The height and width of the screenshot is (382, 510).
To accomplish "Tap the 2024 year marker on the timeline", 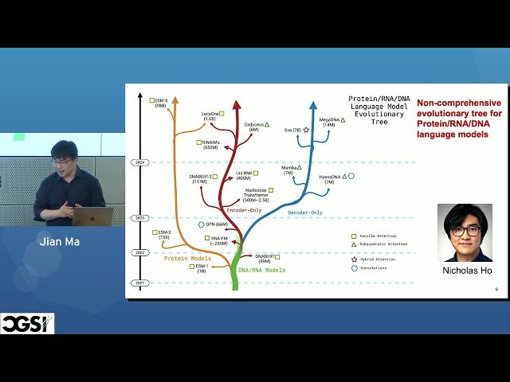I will [x=139, y=162].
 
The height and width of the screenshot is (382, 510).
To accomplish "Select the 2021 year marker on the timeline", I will [x=139, y=283].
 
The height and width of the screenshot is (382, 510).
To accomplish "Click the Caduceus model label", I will [x=253, y=126].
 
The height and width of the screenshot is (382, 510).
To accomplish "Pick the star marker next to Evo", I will [x=305, y=129].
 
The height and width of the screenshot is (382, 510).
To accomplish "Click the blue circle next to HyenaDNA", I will [x=351, y=176].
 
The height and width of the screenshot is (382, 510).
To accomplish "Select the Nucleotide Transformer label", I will [x=254, y=194].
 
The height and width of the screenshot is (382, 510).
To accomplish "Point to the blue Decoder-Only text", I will [x=305, y=213].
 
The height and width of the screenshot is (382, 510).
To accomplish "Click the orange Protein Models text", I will [x=187, y=259].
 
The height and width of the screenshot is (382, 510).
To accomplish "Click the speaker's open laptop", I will [x=92, y=216].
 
